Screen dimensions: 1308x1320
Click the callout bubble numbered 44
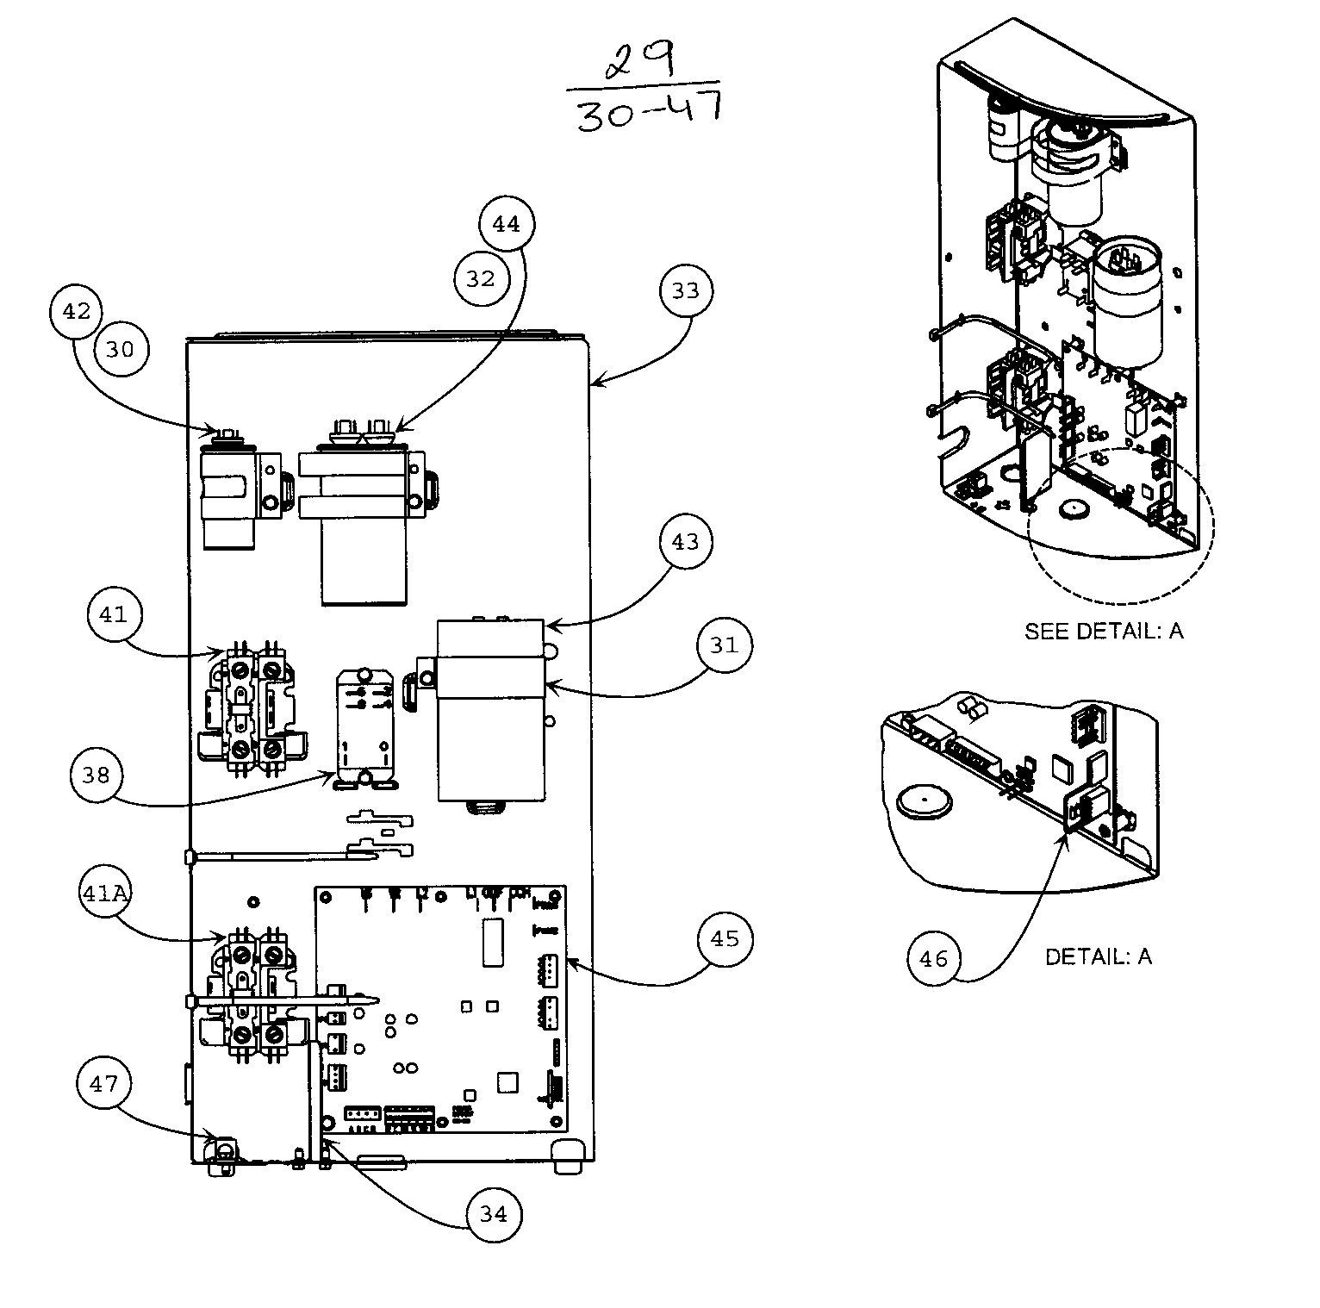(x=507, y=224)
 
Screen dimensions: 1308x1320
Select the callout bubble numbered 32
(x=481, y=278)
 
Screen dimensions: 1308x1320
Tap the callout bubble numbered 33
(x=686, y=291)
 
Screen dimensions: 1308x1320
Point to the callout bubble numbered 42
(x=77, y=311)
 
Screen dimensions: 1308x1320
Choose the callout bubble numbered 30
(x=121, y=349)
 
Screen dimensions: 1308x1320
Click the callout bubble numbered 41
(x=113, y=614)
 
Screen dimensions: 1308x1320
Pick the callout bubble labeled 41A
(x=104, y=894)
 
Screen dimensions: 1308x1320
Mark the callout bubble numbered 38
(x=97, y=775)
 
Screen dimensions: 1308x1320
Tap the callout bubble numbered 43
(x=686, y=542)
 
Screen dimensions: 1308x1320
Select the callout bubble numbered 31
(x=725, y=645)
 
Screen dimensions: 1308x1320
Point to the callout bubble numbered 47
(x=103, y=1083)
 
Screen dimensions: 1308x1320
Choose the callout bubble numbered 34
(x=494, y=1214)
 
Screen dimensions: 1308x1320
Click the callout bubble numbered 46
(x=934, y=958)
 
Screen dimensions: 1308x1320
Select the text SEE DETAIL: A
(x=1103, y=632)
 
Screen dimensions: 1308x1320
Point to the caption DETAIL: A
(x=1098, y=956)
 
